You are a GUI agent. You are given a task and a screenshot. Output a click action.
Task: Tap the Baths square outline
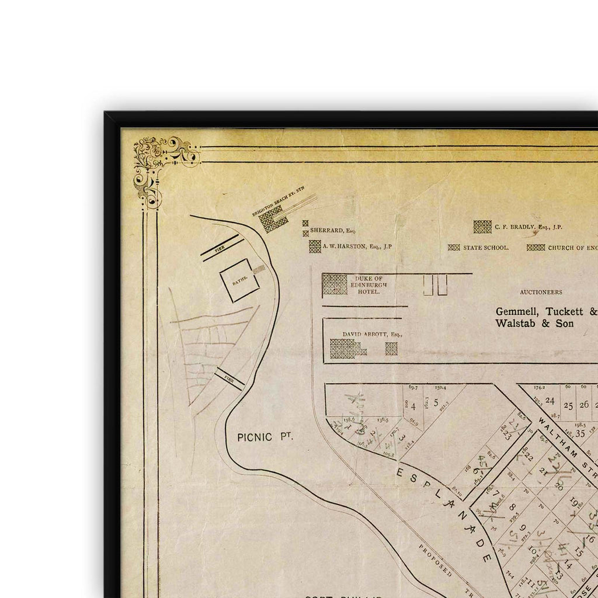coord(239,280)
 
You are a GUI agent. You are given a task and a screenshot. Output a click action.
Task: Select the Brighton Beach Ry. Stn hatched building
coord(273,218)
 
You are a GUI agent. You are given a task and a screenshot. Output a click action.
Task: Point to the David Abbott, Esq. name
coord(373,334)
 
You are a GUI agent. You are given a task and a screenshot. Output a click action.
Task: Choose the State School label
coord(486,248)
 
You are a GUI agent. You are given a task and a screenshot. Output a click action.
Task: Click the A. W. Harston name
coord(357,246)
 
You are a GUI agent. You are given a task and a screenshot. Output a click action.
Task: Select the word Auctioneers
coord(541,292)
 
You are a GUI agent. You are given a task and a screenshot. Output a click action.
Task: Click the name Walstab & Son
coord(534,323)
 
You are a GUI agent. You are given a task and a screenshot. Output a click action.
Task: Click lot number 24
coord(550,400)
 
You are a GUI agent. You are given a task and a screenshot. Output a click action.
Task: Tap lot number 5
coord(436,402)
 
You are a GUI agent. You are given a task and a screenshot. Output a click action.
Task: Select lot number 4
coord(413,406)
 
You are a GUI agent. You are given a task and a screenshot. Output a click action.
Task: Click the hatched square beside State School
coord(454,248)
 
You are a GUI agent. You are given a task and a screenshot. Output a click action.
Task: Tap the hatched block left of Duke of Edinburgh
coord(335,284)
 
